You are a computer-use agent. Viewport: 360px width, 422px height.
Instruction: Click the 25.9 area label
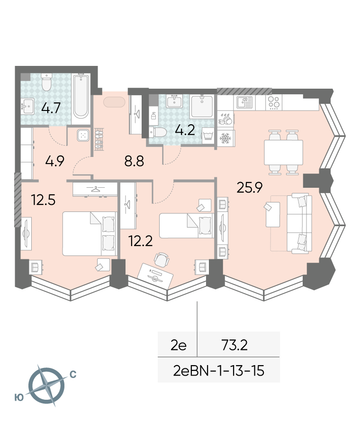pos(249,187)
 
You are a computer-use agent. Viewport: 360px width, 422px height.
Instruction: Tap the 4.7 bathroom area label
pos(51,108)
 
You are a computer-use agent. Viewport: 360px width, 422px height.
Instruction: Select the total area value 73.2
pos(234,345)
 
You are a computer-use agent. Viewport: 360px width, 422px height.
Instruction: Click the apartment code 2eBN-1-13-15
pos(218,370)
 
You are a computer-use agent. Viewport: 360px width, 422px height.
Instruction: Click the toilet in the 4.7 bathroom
pos(46,82)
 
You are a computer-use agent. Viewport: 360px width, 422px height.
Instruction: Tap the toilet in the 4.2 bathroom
pos(158,132)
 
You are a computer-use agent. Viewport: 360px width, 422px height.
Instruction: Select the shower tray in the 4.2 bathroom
pos(202,106)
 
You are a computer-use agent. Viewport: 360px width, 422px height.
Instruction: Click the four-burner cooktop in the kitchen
pos(274,102)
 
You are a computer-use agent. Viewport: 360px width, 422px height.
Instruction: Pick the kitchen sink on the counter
pos(244,102)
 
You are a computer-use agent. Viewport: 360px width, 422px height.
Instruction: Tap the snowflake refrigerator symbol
pos(225,138)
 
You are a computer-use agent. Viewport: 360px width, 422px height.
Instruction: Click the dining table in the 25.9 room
pos(283,152)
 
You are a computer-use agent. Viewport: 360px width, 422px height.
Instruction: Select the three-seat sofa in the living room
pos(299,223)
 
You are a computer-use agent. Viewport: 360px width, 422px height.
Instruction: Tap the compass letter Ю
pos(19,397)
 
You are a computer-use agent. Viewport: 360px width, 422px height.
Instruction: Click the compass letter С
pos(73,375)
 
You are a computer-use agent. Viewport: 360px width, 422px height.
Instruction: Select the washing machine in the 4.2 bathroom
pos(207,135)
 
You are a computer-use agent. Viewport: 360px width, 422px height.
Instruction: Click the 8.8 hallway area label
pos(134,161)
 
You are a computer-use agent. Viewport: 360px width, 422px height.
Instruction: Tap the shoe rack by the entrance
pos(99,139)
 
